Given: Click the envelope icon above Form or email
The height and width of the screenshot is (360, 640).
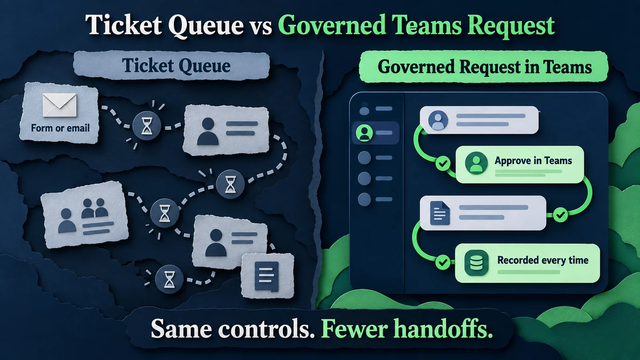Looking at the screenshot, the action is pos(60,105).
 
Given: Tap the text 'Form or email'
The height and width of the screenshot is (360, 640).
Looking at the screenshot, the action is pos(60,128).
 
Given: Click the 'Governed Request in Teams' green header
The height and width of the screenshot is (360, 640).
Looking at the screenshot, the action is pos(484,67).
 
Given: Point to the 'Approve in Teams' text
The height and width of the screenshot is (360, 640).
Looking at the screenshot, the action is pos(533,160).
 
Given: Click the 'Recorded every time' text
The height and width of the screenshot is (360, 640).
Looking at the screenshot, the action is pos(543,260).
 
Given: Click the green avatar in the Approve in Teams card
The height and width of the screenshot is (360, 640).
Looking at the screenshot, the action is pos(476,163).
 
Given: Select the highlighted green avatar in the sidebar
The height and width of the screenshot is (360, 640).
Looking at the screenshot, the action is pos(364,133).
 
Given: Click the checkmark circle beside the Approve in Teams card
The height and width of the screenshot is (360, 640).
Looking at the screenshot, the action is pos(443,164).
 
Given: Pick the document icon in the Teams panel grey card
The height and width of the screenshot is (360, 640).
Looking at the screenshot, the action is pos(440,213).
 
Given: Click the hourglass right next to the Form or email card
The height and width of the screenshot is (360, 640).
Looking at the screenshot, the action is pos(147,126).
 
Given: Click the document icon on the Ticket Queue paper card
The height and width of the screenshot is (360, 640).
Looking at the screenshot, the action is pos(266,276).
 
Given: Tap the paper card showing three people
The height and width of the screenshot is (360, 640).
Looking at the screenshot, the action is pos(84,214).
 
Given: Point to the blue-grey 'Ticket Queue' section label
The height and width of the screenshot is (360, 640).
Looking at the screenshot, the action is pos(172,65).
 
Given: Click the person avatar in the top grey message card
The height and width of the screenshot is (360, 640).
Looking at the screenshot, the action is pos(438,120).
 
